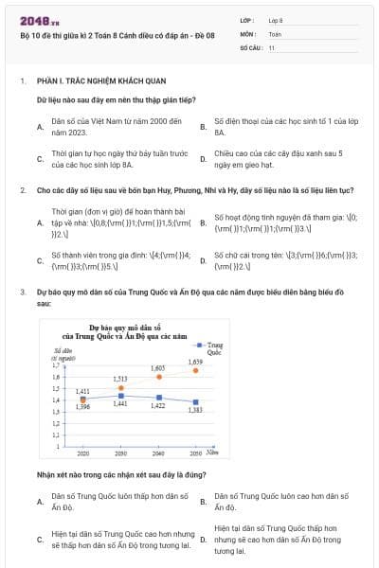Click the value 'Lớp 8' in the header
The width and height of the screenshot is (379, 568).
click(276, 19)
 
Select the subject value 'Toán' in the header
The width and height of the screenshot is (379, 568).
click(275, 33)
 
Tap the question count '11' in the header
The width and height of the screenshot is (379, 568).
click(272, 46)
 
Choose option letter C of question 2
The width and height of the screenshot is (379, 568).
click(40, 260)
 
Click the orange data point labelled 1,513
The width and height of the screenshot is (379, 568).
click(120, 386)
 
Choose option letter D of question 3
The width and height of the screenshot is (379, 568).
click(203, 540)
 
